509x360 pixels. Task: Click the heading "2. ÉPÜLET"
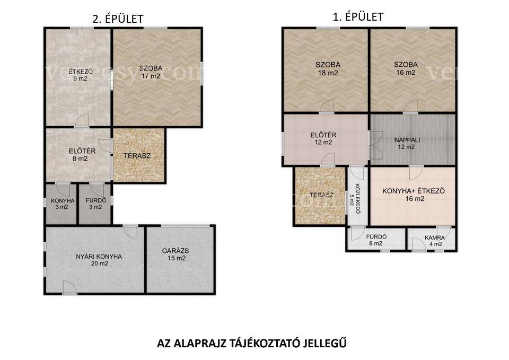[118, 19]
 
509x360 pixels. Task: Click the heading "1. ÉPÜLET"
[358, 16]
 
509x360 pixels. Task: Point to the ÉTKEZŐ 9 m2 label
[81, 75]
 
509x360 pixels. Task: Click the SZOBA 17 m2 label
[151, 72]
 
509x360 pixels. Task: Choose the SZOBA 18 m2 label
[328, 68]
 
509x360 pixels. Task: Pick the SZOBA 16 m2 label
[406, 68]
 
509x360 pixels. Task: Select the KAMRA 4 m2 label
[435, 241]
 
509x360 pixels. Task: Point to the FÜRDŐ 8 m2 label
[376, 240]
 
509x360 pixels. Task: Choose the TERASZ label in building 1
[321, 195]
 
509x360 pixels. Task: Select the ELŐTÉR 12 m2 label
[323, 138]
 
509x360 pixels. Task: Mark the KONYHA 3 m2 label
[63, 204]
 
